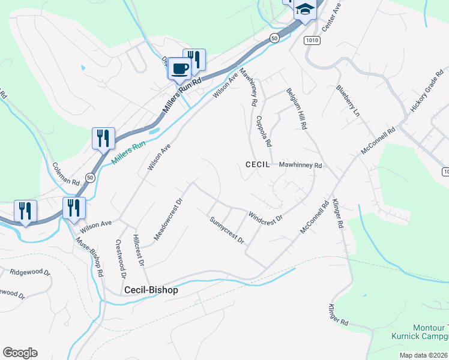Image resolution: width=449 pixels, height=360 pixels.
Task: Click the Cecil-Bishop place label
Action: click(151, 289)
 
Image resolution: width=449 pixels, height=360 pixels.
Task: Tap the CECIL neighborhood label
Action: click(258, 164)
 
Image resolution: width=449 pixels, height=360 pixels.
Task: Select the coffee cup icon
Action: click(179, 69)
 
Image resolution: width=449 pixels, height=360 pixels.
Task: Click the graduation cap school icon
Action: click(306, 10)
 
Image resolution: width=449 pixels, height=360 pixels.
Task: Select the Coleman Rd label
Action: click(66, 173)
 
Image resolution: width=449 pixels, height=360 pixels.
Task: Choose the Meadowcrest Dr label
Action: click(167, 220)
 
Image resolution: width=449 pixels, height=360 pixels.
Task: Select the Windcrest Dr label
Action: click(265, 217)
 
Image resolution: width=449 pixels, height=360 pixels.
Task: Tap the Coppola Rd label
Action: click(264, 131)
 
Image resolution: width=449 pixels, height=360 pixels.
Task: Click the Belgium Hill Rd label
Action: click(297, 108)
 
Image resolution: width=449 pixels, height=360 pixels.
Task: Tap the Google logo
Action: click(20, 353)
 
